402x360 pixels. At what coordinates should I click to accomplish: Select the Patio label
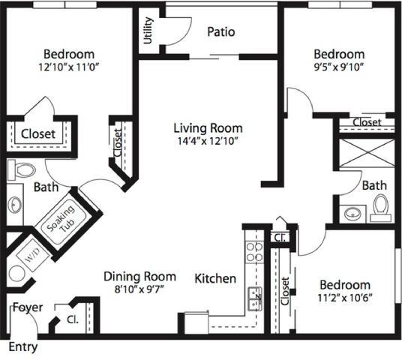[221, 31]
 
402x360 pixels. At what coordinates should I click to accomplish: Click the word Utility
[148, 31]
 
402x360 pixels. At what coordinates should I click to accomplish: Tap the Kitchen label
[215, 278]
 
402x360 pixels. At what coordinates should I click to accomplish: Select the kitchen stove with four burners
[254, 252]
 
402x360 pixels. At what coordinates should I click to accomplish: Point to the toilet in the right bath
[380, 207]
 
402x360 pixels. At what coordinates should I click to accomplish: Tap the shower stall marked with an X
[367, 152]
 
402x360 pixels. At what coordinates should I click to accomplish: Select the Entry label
[22, 347]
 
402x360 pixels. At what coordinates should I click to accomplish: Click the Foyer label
[27, 307]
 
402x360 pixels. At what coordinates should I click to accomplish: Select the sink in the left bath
[15, 204]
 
